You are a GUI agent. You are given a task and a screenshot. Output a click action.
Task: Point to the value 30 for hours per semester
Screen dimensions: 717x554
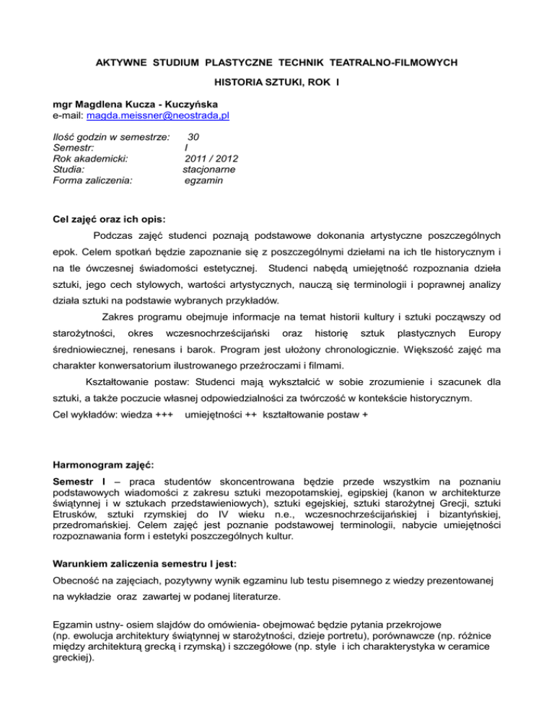[193, 136]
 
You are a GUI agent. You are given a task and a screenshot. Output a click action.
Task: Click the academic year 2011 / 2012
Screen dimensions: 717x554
[212, 158]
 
